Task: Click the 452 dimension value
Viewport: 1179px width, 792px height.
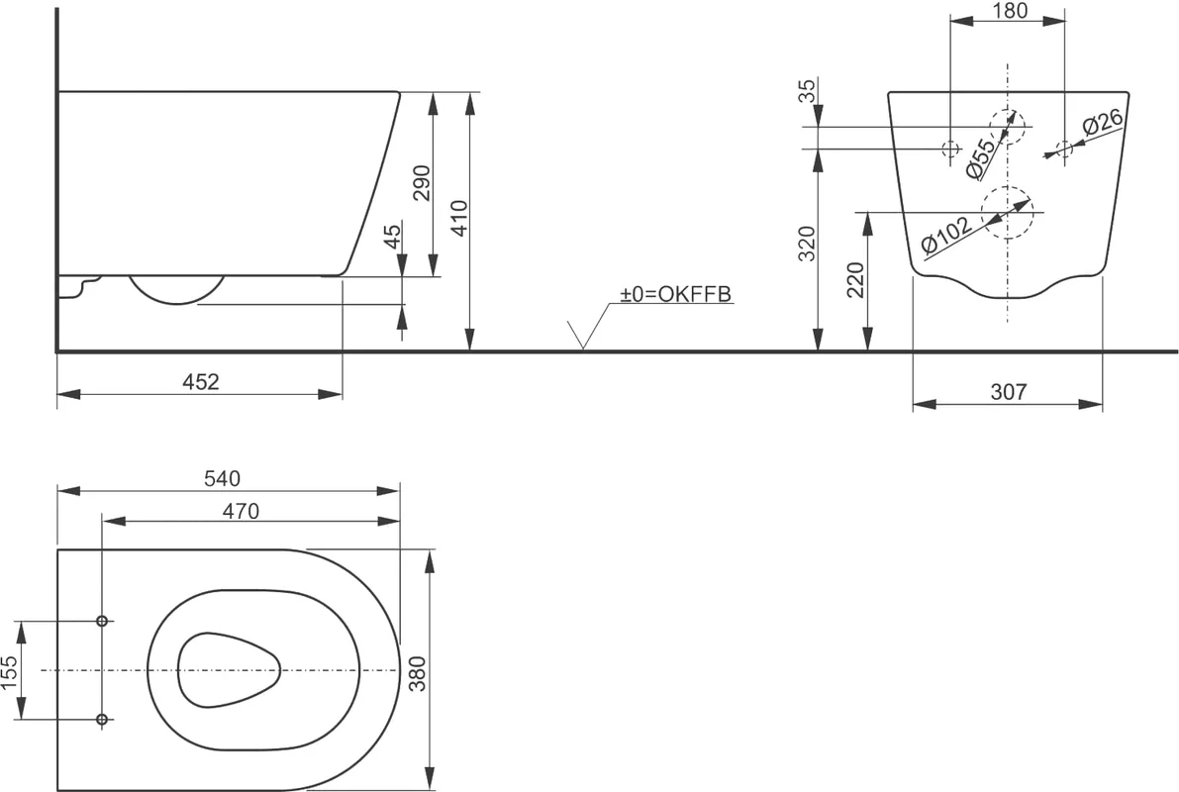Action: pyautogui.click(x=201, y=382)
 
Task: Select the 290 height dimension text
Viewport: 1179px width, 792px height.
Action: pyautogui.click(x=422, y=183)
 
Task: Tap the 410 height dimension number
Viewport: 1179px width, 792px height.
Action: pyautogui.click(x=459, y=218)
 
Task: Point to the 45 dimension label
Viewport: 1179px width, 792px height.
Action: pyautogui.click(x=392, y=237)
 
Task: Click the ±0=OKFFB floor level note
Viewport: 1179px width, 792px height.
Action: pyautogui.click(x=675, y=293)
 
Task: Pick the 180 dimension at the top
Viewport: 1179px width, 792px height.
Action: pyautogui.click(x=1009, y=11)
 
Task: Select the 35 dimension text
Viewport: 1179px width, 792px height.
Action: pyautogui.click(x=806, y=91)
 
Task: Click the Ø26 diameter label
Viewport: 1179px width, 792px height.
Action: pyautogui.click(x=1103, y=124)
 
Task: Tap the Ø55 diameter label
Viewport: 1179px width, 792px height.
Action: pyautogui.click(x=980, y=158)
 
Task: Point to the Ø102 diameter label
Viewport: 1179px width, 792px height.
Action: pyautogui.click(x=946, y=237)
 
